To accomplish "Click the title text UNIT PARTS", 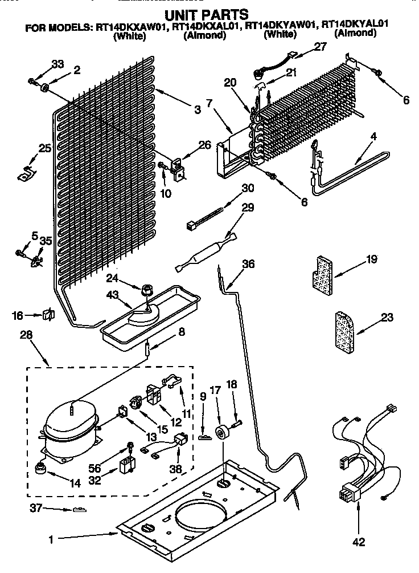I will click(210, 14).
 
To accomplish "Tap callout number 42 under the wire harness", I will click(359, 542).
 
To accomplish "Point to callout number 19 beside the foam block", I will click(372, 259).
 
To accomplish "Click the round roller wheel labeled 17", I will click(220, 432).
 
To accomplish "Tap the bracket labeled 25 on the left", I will click(26, 174).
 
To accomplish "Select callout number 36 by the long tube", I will click(248, 265).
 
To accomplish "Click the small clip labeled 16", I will click(48, 315).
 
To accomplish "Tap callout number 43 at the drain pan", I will click(113, 295).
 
